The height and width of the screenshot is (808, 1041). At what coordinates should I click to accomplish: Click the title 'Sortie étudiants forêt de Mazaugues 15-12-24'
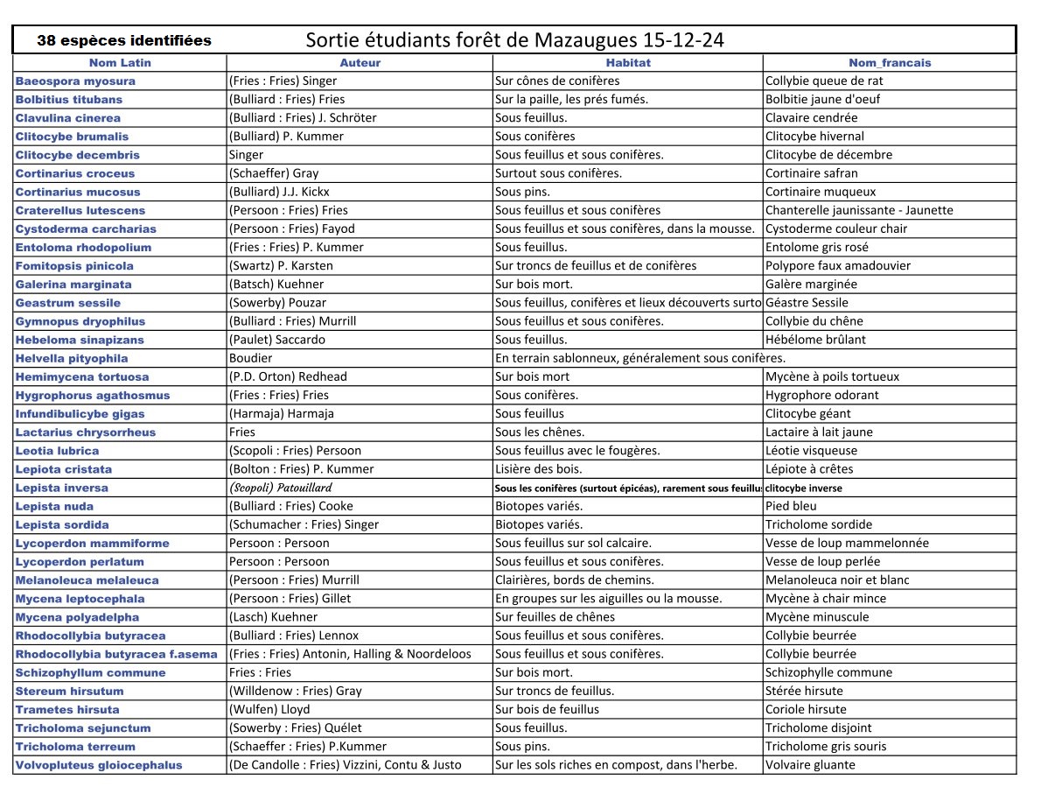514,40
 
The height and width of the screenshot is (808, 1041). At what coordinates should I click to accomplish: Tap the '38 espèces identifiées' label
124,40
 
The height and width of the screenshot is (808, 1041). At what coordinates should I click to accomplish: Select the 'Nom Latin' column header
120,63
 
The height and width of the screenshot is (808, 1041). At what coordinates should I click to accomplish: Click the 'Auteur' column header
360,63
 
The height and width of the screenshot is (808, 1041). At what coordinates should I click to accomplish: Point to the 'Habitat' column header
628,63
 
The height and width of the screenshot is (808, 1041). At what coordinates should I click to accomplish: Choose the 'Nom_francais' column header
890,63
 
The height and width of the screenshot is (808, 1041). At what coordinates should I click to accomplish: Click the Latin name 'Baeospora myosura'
75,81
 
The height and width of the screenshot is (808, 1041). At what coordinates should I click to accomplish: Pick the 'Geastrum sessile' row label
68,303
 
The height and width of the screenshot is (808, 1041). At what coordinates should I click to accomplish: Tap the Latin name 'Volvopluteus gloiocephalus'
99,765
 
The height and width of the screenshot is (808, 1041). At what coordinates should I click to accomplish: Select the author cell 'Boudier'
250,358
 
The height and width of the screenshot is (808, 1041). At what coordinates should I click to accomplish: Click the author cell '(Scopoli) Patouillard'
281,488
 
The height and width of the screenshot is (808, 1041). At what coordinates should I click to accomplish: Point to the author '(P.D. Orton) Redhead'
288,376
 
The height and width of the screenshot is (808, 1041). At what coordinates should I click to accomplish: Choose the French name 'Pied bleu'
792,506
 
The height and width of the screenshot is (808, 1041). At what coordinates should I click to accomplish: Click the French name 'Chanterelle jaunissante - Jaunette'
859,210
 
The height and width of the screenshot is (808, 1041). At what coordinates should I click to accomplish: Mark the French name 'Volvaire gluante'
810,765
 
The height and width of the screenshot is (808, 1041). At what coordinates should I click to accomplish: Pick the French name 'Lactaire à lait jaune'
819,432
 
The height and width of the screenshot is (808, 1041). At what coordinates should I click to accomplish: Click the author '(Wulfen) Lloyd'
269,709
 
